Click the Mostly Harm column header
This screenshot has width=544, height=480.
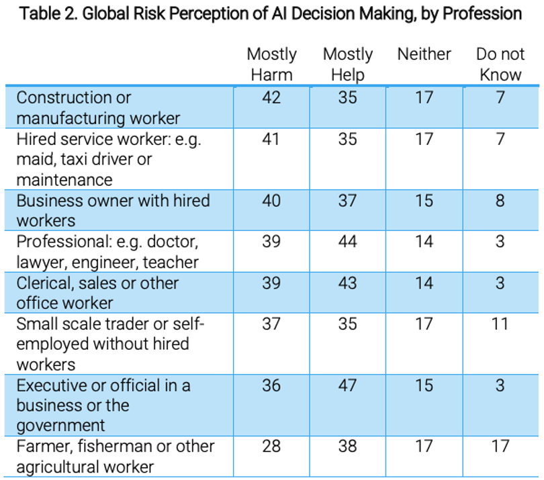click(271, 64)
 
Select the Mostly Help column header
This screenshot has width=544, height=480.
click(348, 64)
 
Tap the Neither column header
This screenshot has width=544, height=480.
click(424, 54)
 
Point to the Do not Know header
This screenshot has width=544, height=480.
click(500, 64)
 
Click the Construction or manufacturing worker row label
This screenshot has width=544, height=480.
click(98, 107)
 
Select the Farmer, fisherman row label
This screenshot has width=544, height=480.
click(116, 457)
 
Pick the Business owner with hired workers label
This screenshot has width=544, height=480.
click(113, 211)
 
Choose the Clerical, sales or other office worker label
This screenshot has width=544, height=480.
click(97, 293)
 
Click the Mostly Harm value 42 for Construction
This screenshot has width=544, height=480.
click(271, 97)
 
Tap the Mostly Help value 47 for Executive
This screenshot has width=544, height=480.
click(348, 385)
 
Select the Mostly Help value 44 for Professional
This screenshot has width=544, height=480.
click(348, 242)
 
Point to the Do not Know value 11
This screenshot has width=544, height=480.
click(500, 324)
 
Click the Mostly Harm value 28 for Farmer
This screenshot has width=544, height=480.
click(271, 446)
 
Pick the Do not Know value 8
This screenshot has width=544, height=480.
click(500, 201)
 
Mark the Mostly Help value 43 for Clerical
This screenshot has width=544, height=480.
click(348, 283)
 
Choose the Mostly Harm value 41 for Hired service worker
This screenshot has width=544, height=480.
click(271, 139)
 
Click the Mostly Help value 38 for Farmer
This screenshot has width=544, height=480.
click(348, 446)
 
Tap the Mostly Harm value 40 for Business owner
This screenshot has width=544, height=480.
click(271, 201)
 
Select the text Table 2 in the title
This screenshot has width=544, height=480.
click(48, 14)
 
